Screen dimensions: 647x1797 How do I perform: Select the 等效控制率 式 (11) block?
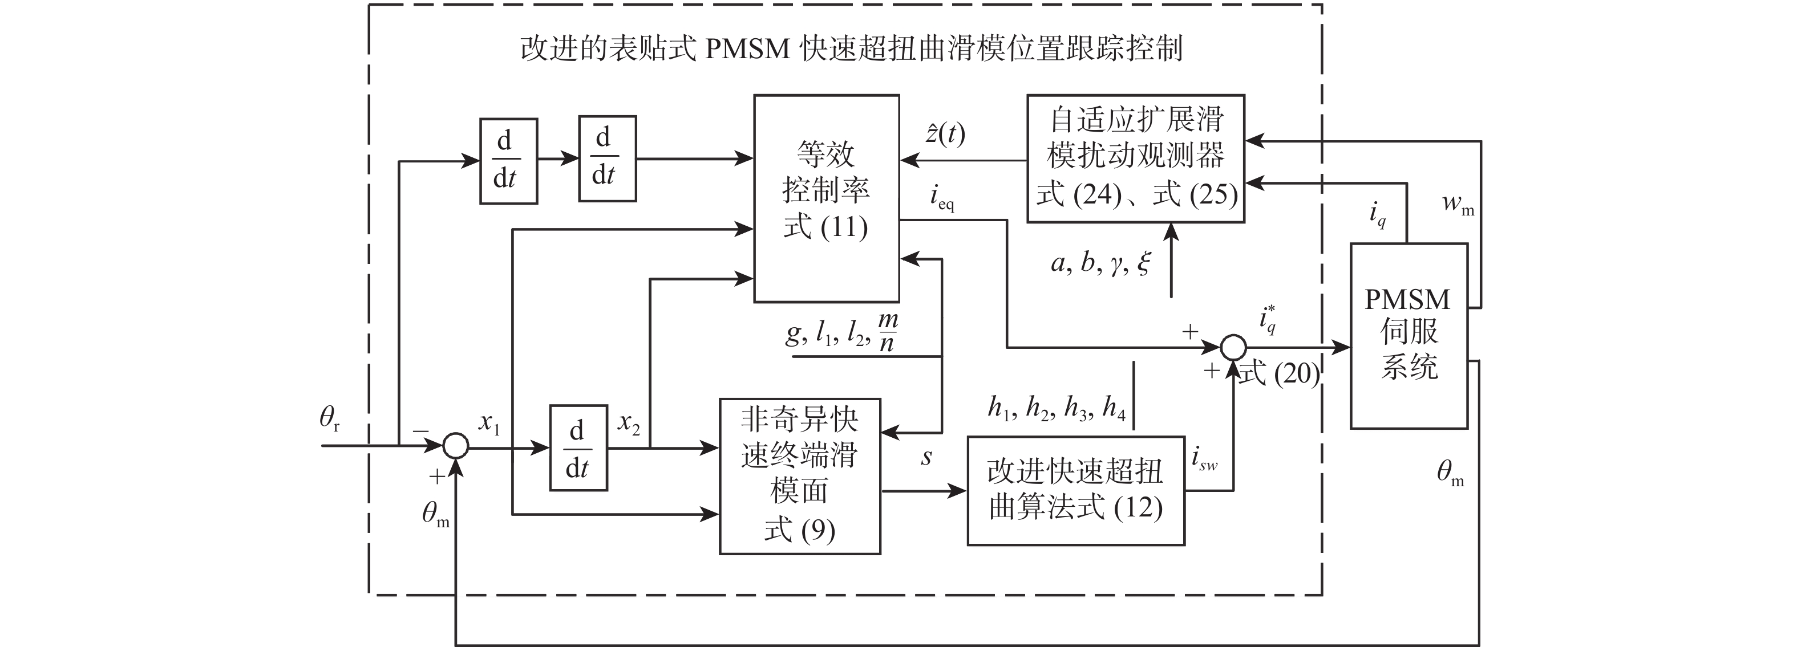[826, 199]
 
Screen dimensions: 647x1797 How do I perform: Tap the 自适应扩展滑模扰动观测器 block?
[1135, 158]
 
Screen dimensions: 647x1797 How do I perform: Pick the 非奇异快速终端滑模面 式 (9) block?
[799, 476]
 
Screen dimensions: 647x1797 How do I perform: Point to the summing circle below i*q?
[1233, 347]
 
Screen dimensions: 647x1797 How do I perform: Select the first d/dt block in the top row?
[508, 161]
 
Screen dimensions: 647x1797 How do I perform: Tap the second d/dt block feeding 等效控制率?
[607, 159]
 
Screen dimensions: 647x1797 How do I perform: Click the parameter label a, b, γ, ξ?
[1100, 263]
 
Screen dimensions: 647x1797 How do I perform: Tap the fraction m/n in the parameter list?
[887, 332]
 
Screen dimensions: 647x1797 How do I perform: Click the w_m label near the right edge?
[1458, 204]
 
